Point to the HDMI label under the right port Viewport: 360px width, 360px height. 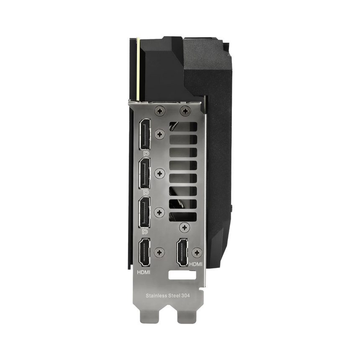(x=196, y=264)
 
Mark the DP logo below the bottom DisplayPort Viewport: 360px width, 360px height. (x=144, y=231)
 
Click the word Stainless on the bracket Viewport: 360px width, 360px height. (x=156, y=296)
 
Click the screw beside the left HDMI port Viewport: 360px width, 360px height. (x=159, y=252)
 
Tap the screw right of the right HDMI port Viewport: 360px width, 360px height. (x=197, y=252)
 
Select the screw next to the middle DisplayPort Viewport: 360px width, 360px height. (x=159, y=172)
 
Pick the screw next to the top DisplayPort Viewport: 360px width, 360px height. (x=159, y=134)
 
